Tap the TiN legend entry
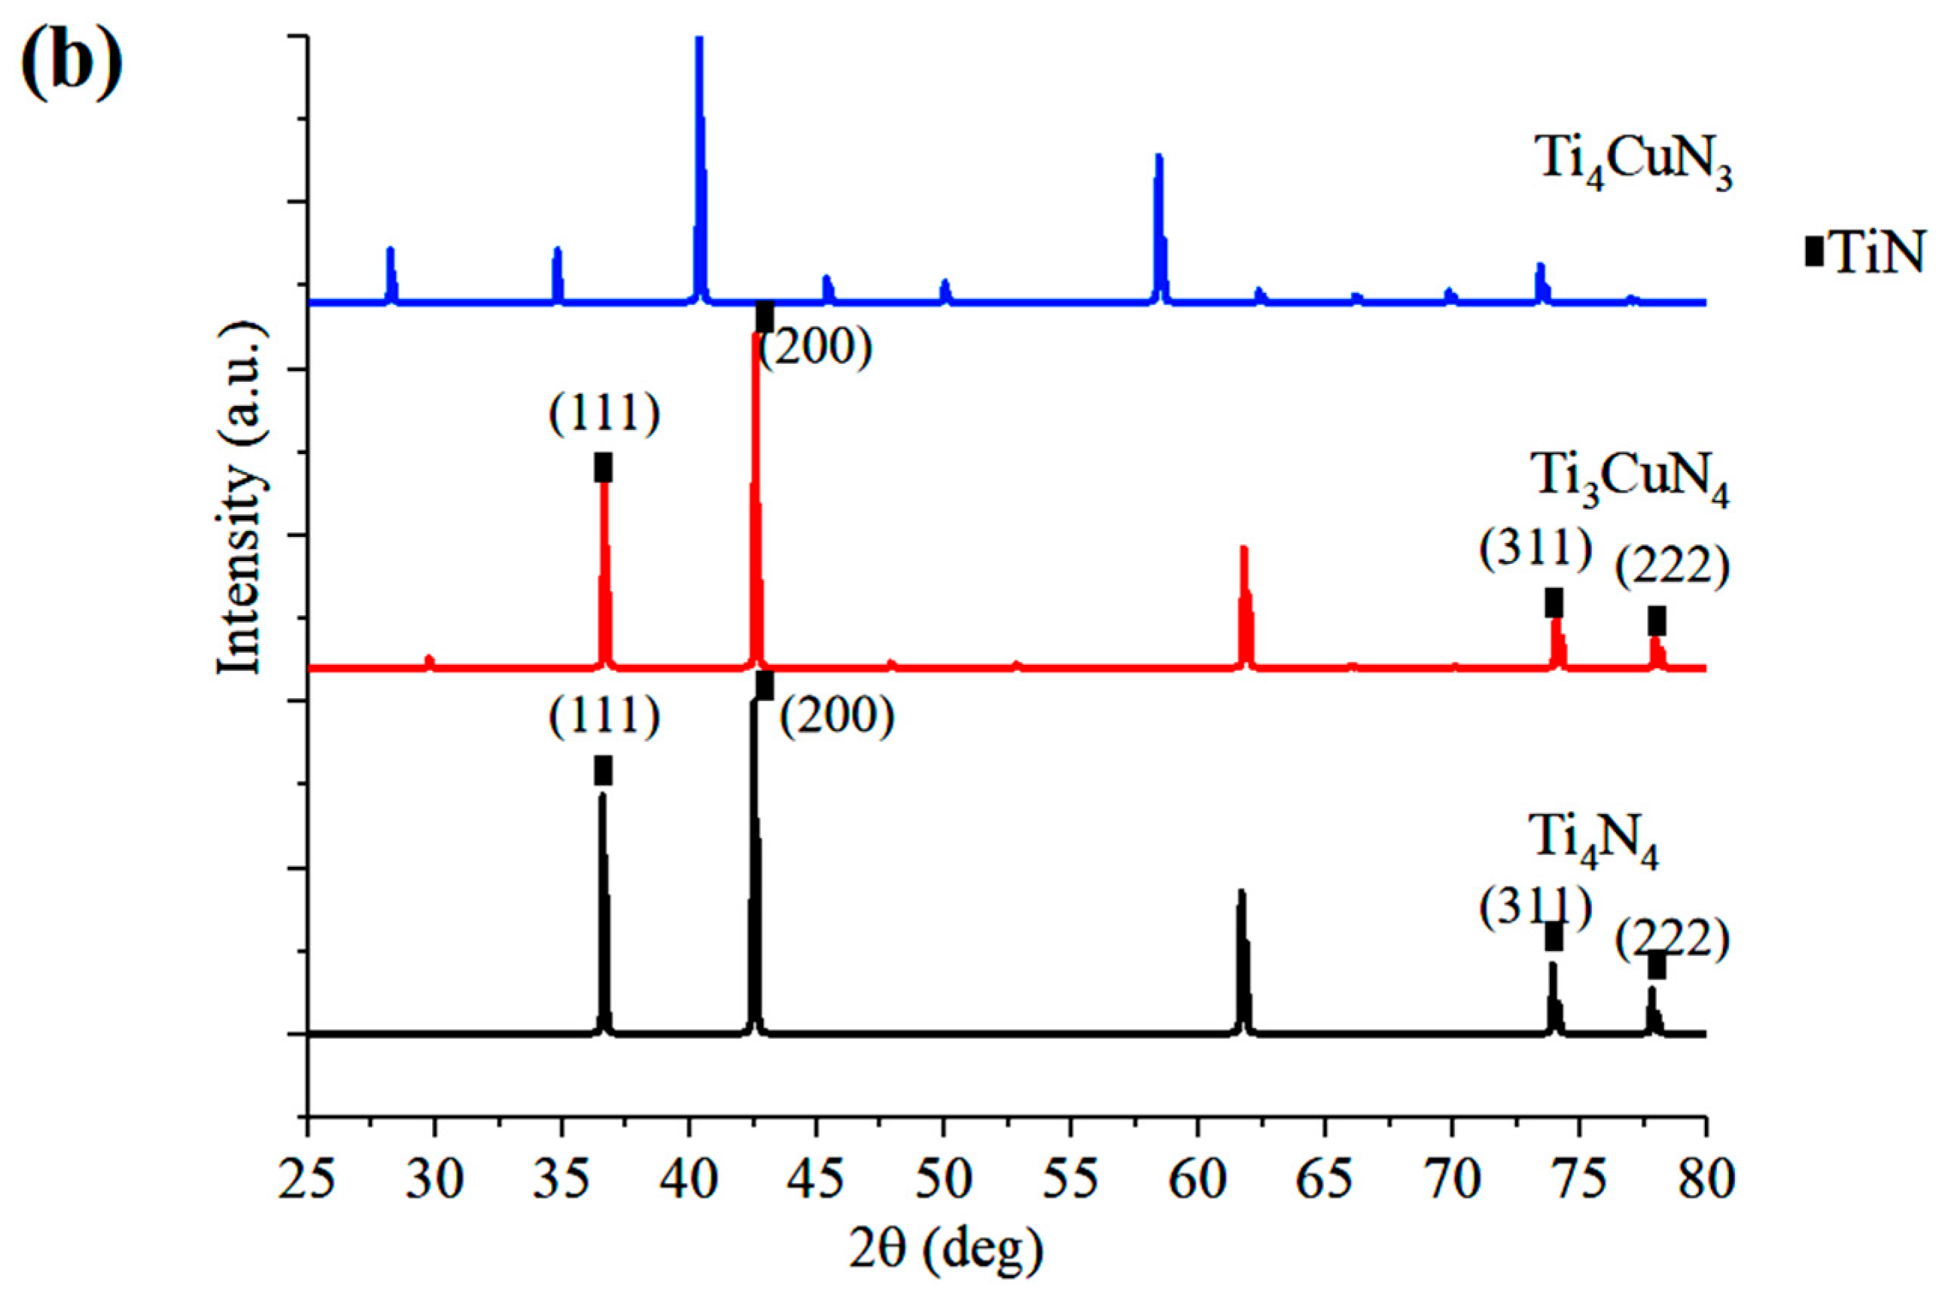[1864, 252]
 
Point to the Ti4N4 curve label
[1593, 845]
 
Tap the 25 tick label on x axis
[307, 1180]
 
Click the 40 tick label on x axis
[689, 1180]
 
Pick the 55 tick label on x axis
[1070, 1180]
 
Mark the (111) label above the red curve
[604, 412]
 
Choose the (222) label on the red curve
[1672, 569]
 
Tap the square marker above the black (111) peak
[604, 770]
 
